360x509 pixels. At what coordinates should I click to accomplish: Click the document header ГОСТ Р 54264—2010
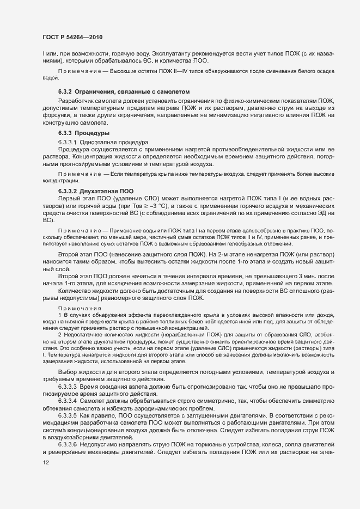coord(72,37)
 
